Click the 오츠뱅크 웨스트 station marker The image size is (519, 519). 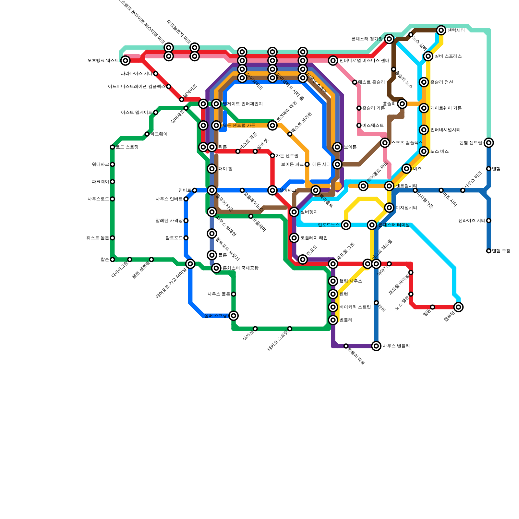click(126, 60)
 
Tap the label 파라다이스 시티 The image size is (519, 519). click(136, 74)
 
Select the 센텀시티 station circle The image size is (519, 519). click(441, 30)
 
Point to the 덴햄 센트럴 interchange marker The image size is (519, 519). click(489, 143)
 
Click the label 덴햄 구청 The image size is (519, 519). click(501, 251)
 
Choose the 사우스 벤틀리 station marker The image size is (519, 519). click(376, 346)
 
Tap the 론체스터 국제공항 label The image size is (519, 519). click(240, 268)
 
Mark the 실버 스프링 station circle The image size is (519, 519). click(234, 315)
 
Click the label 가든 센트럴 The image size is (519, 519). click(287, 156)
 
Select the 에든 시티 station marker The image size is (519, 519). click(337, 164)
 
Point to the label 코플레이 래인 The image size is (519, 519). click(314, 238)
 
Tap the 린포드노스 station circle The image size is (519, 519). click(346, 225)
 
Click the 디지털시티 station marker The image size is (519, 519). click(389, 208)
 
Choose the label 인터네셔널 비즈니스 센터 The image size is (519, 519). click(364, 61)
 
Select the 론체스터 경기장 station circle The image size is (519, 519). click(390, 39)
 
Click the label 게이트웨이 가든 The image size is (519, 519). click(446, 108)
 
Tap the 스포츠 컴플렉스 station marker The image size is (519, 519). click(385, 143)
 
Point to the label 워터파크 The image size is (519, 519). click(100, 164)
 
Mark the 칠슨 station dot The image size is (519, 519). click(112, 259)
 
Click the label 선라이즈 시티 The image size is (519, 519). click(472, 221)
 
